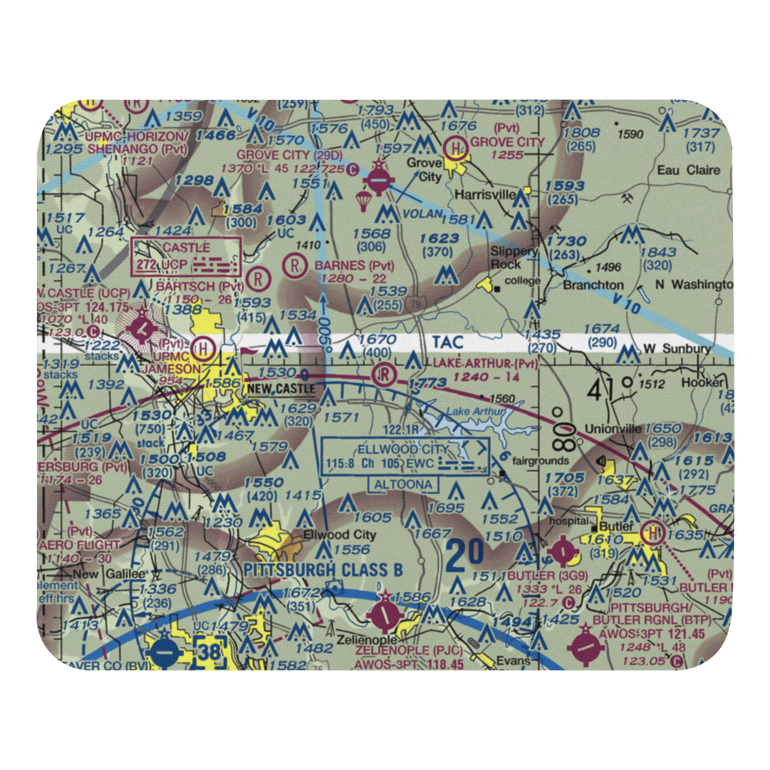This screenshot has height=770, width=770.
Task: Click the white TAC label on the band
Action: pyautogui.click(x=438, y=340)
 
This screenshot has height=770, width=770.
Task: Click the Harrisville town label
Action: pyautogui.click(x=484, y=195)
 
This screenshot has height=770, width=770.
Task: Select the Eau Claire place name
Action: pyautogui.click(x=688, y=170)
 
